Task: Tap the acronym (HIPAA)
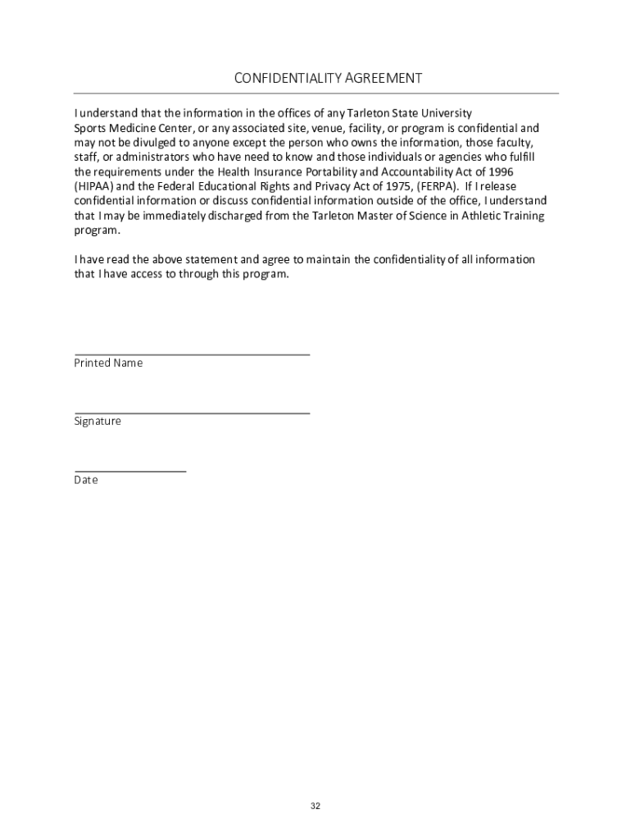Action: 90,187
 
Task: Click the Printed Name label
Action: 108,363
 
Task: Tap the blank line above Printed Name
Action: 192,354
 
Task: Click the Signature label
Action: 98,422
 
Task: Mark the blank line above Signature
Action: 192,413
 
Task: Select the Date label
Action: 86,481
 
